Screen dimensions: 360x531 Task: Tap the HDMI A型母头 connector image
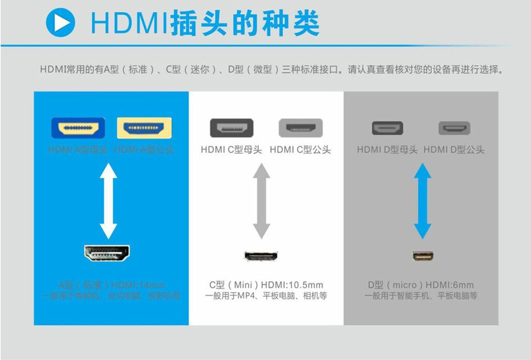click(x=77, y=128)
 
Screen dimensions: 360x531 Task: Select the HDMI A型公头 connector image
click(x=144, y=128)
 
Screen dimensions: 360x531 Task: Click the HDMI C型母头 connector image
click(x=231, y=128)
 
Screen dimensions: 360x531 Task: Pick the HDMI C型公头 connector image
click(x=300, y=128)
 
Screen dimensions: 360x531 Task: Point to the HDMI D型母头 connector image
click(x=387, y=128)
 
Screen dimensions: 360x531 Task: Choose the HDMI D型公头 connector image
click(x=454, y=128)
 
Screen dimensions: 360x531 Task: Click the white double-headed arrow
click(x=108, y=195)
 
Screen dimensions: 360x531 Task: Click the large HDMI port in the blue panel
click(x=108, y=253)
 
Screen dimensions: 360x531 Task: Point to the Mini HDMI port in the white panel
click(x=261, y=256)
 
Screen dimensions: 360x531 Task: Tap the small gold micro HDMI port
click(x=423, y=256)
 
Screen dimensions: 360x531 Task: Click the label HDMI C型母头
click(x=231, y=150)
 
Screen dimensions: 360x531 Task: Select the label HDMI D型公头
click(x=454, y=150)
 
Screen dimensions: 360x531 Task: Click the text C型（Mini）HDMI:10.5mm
click(x=265, y=285)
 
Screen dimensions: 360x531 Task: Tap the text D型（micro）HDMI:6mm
click(x=421, y=285)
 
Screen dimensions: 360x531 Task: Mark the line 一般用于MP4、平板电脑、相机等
click(x=265, y=296)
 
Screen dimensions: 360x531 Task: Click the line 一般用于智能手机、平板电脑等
click(x=421, y=296)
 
